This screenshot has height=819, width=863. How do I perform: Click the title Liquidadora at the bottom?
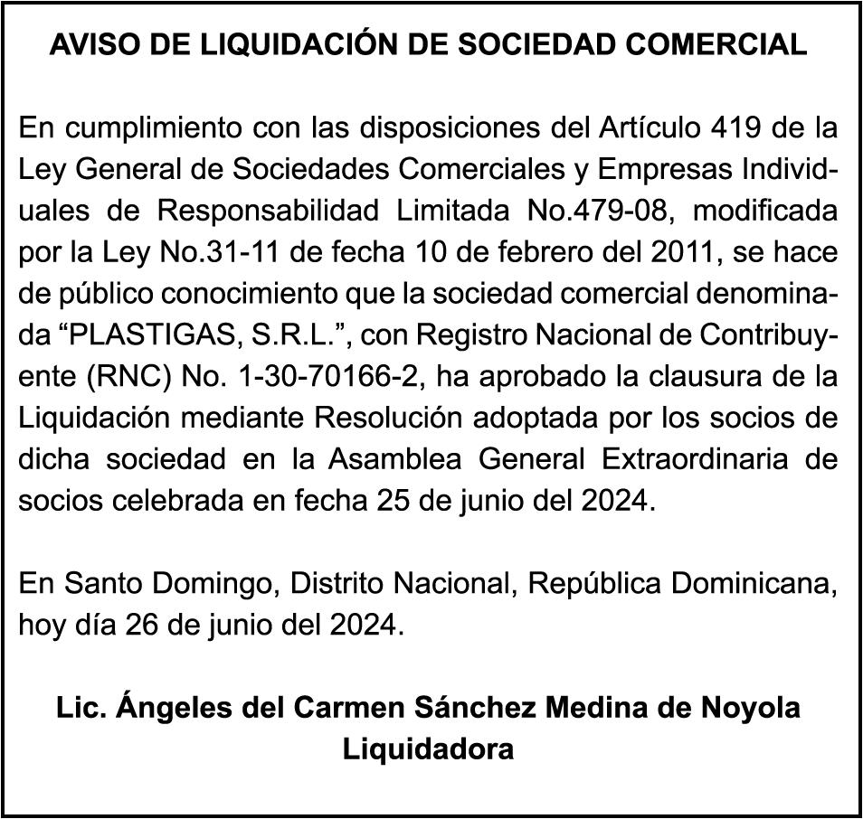point(429,748)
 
